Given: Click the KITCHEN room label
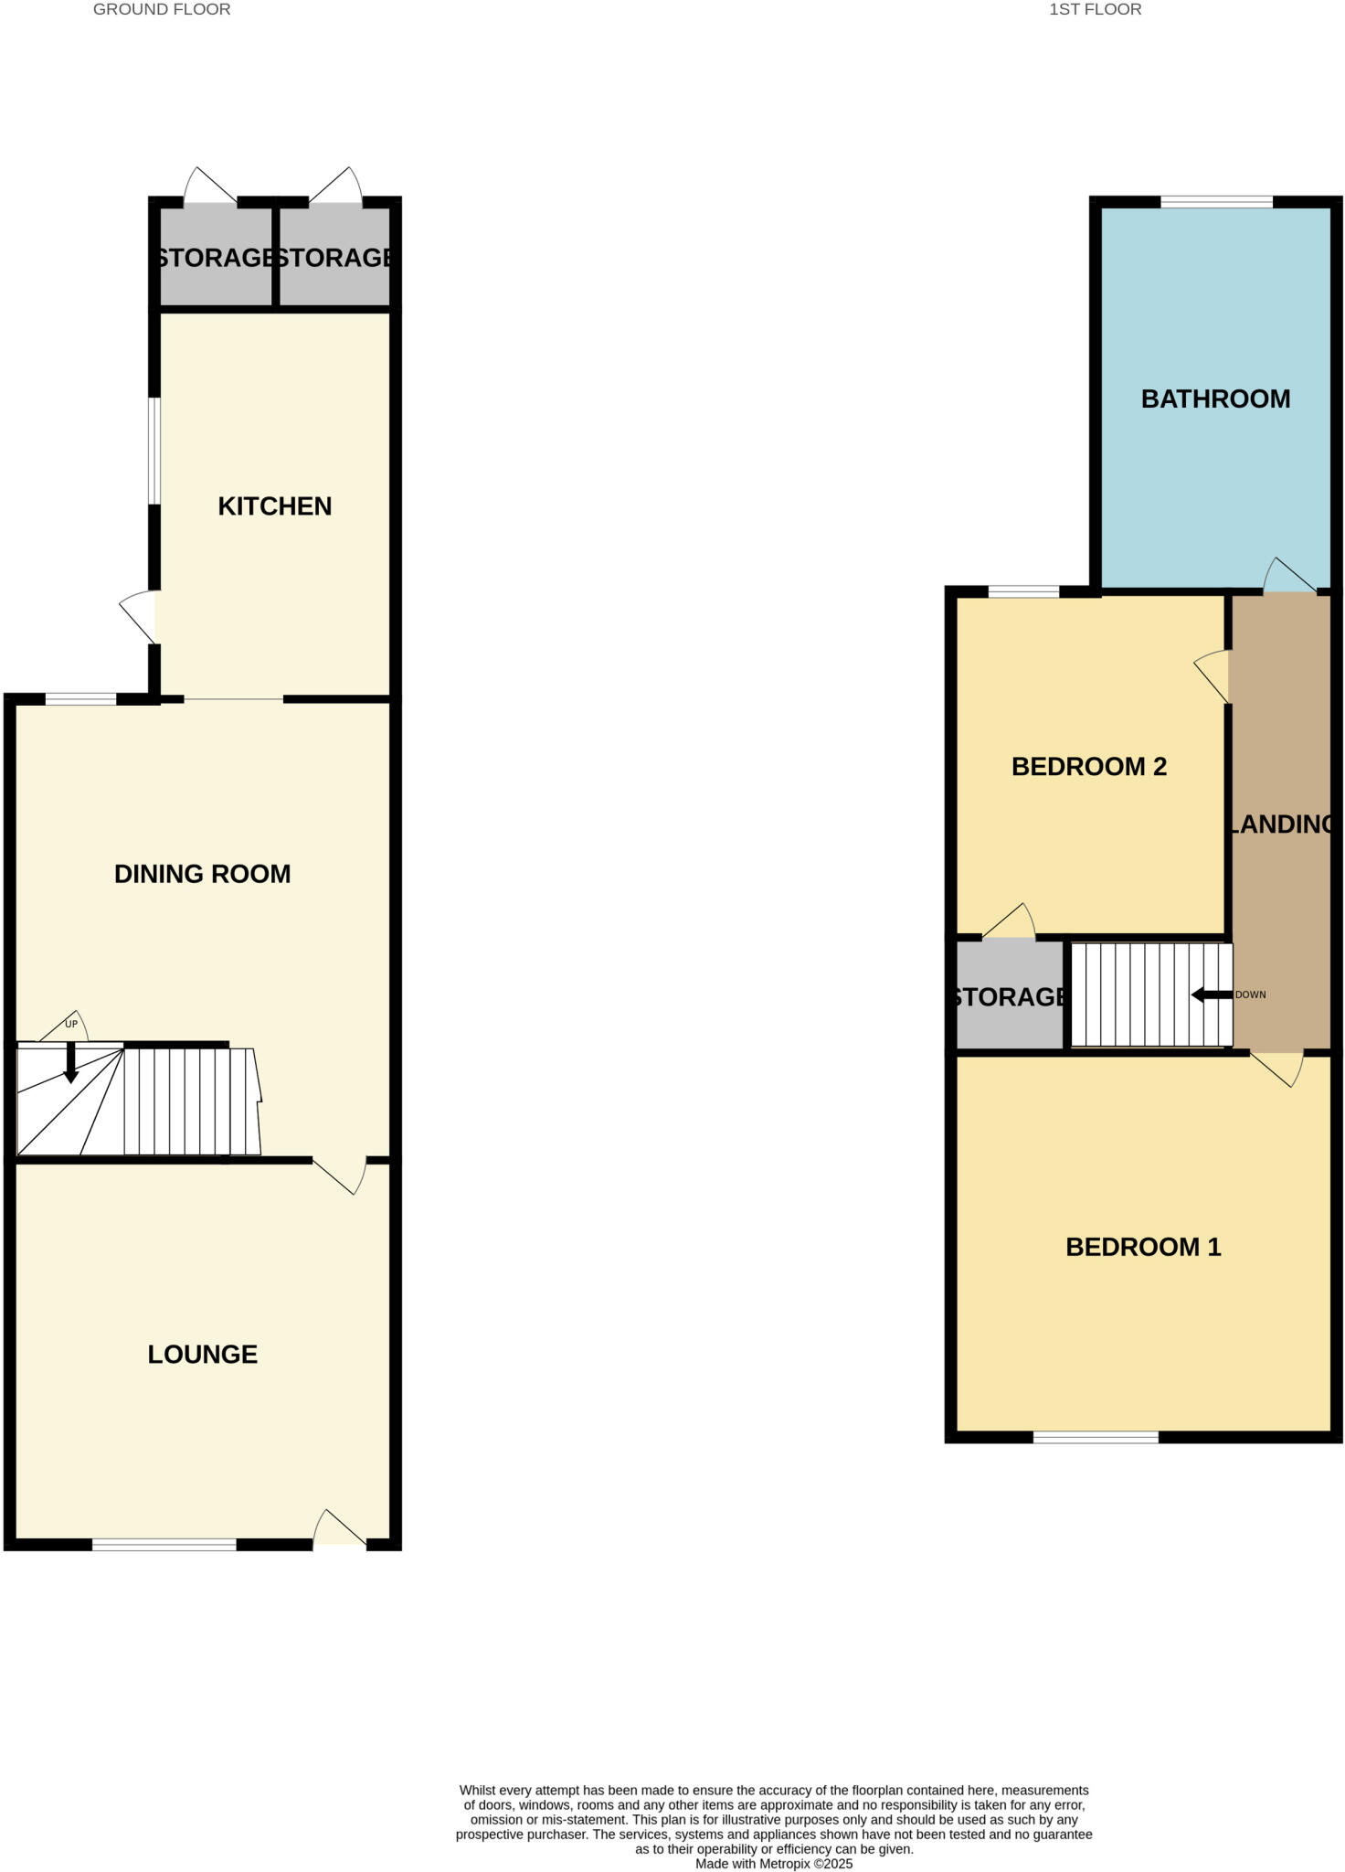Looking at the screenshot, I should (274, 505).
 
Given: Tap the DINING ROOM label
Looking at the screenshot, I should (202, 874).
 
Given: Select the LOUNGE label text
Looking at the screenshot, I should (202, 1354).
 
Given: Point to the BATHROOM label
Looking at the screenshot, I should (1215, 399).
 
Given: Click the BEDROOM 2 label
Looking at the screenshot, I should (1088, 766).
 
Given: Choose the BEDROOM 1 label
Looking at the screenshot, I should (1143, 1247).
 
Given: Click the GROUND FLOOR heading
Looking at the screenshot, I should (162, 10).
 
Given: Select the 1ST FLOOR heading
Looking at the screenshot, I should (1095, 10).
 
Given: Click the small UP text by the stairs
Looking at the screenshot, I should (71, 1024).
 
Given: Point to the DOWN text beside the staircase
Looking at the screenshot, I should (1250, 994).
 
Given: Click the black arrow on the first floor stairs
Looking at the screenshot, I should (1212, 994).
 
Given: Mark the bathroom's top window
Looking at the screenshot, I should (1216, 202).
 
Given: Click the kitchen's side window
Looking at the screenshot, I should (155, 451).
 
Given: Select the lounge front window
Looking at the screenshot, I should (164, 1545).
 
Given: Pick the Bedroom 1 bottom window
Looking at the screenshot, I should (1096, 1438).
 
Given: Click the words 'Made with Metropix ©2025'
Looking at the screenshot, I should (773, 1863).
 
